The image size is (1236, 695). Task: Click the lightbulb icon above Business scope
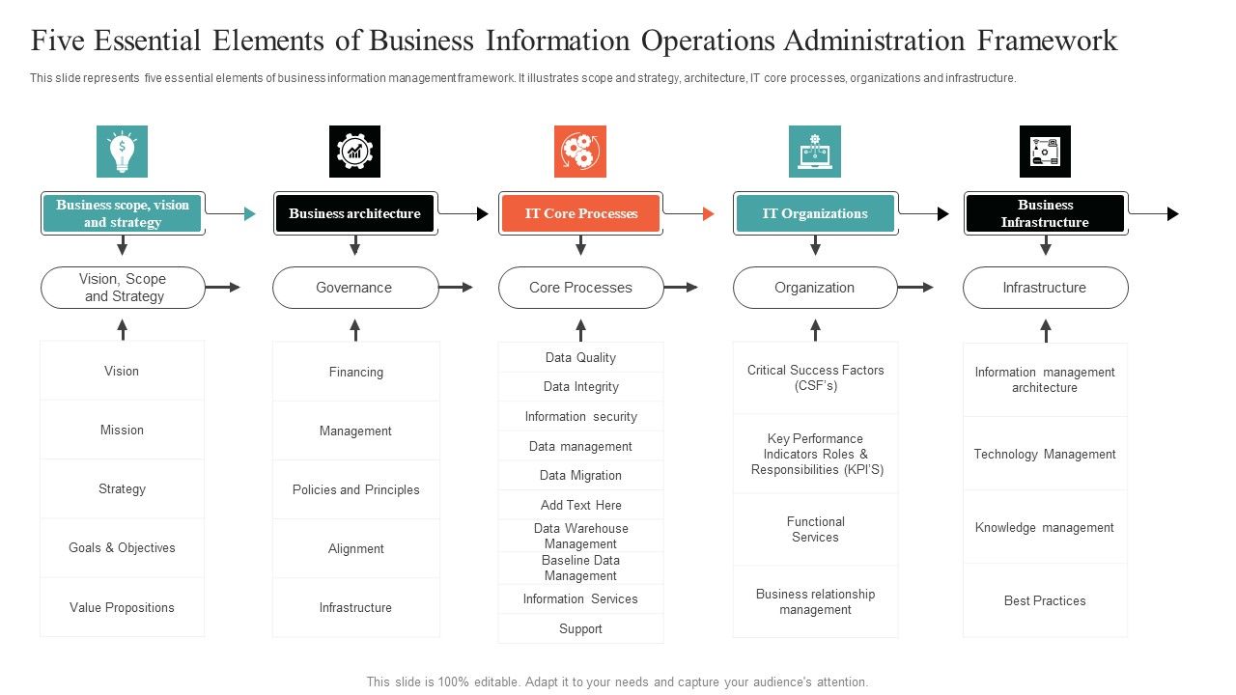coord(122,152)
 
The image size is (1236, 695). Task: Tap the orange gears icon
coord(579,152)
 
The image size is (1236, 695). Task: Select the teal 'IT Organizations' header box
coord(815,213)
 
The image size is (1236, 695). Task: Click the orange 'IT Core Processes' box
coord(580,213)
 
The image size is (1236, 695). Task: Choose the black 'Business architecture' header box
coord(354,213)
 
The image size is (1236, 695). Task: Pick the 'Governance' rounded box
coord(354,288)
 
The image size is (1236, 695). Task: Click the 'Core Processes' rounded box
coord(580,288)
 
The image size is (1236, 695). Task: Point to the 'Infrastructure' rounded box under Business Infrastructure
coord(1045,288)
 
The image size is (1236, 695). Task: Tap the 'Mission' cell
coord(122,430)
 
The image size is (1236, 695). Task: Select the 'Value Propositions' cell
coord(122,607)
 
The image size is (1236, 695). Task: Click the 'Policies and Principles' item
coord(355,489)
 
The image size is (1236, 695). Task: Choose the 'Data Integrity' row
coord(580,386)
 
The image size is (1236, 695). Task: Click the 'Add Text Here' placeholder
coord(580,505)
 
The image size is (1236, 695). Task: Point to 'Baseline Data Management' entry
coord(580,568)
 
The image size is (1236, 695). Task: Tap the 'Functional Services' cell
coord(815,529)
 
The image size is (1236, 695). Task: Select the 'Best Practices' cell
coord(1045,600)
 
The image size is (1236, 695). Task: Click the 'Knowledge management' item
coord(1045,527)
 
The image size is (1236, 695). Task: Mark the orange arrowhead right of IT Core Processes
coord(709,213)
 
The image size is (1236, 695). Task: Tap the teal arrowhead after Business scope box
coord(250,213)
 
